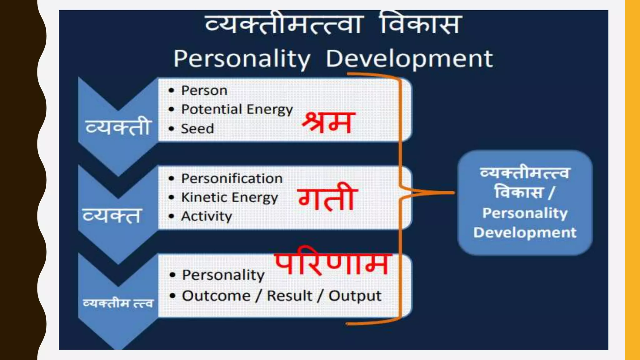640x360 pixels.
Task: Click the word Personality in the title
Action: pyautogui.click(x=242, y=59)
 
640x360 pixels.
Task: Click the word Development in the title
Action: pyautogui.click(x=409, y=59)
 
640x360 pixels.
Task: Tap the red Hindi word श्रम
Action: pyautogui.click(x=328, y=123)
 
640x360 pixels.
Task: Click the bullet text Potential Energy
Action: pyautogui.click(x=237, y=109)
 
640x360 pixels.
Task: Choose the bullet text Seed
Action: pyautogui.click(x=197, y=129)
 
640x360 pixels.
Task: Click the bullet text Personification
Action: pyautogui.click(x=232, y=178)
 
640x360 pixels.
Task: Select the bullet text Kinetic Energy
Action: pyautogui.click(x=229, y=197)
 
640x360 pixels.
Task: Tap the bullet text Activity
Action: pyautogui.click(x=207, y=216)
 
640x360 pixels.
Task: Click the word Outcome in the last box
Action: pyautogui.click(x=216, y=296)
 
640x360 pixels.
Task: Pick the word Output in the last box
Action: pyautogui.click(x=355, y=296)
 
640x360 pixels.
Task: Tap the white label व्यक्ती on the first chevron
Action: pyautogui.click(x=118, y=127)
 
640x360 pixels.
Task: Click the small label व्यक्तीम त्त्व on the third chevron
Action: pyautogui.click(x=118, y=303)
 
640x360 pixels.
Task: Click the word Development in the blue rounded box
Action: pyautogui.click(x=525, y=232)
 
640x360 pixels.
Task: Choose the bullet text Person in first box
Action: pyautogui.click(x=204, y=91)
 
